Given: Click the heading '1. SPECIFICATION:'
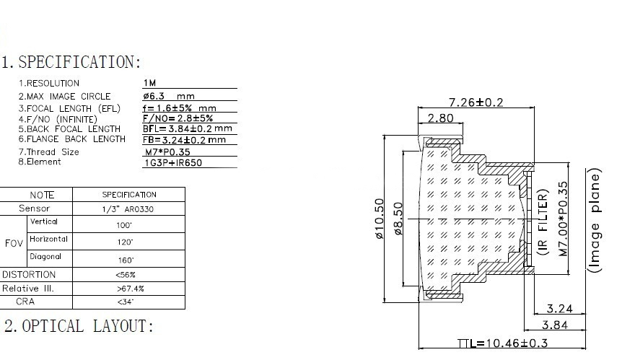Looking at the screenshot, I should (71, 62).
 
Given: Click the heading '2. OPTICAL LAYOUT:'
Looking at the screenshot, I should (79, 326).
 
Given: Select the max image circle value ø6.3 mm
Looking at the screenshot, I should (169, 96).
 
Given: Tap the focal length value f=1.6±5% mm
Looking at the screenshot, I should (180, 107).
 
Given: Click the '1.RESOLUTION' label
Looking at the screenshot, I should (49, 84).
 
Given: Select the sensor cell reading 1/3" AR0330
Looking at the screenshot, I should (129, 209).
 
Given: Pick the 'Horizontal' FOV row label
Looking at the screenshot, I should (48, 239).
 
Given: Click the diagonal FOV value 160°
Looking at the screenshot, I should (126, 260).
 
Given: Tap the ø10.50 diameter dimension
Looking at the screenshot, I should (381, 219).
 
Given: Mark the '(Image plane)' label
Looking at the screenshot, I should (595, 221).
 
